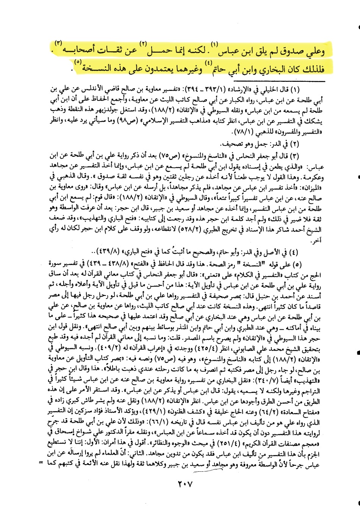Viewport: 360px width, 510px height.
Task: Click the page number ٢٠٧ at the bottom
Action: pyautogui.click(x=185, y=484)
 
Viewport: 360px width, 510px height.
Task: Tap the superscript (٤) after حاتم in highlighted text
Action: pyautogui.click(x=208, y=62)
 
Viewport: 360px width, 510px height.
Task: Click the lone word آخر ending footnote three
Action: pyautogui.click(x=315, y=241)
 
